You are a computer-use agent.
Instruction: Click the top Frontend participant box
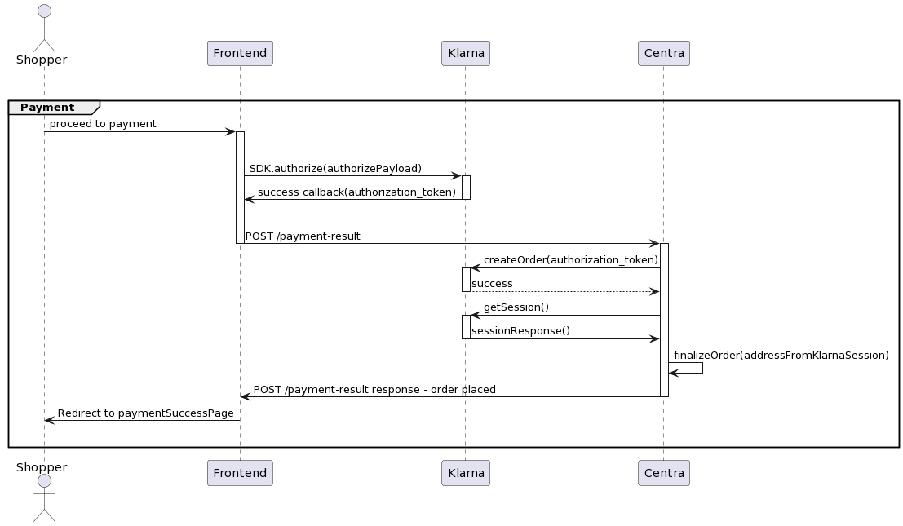click(x=240, y=54)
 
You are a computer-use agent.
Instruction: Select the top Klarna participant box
click(x=465, y=54)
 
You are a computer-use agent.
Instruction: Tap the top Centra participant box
click(x=663, y=54)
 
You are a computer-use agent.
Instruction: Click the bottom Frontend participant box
click(x=240, y=473)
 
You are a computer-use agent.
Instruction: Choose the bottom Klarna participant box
click(x=465, y=473)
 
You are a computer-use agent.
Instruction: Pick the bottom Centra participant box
click(x=663, y=473)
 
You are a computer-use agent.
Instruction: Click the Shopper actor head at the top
click(x=44, y=11)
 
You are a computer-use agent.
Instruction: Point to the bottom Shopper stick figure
click(x=44, y=501)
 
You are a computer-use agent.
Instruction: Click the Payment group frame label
click(x=47, y=108)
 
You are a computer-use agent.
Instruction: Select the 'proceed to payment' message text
click(x=103, y=124)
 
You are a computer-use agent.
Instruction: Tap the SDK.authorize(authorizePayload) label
click(x=335, y=169)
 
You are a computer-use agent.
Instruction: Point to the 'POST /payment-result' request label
click(x=303, y=236)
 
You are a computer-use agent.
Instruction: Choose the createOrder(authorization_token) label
click(x=570, y=260)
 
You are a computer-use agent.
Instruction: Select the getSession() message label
click(x=516, y=307)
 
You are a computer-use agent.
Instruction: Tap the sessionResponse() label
click(x=520, y=331)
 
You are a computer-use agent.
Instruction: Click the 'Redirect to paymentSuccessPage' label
click(x=145, y=413)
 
